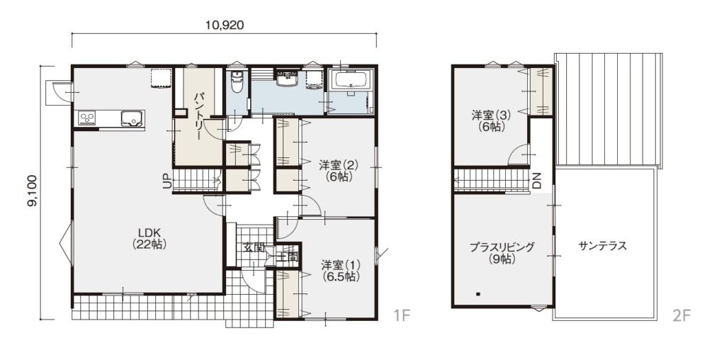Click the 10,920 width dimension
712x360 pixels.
(x=225, y=25)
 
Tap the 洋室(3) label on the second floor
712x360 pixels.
(x=492, y=120)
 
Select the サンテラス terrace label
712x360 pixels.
(x=603, y=246)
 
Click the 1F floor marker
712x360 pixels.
(x=402, y=315)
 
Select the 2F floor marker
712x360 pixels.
(x=681, y=315)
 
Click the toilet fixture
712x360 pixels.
(x=236, y=81)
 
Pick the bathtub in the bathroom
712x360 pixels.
(x=352, y=81)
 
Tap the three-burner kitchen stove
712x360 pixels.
(x=87, y=118)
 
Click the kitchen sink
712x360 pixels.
(x=132, y=118)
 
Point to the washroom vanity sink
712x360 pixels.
(x=287, y=78)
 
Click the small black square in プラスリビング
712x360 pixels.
(x=478, y=295)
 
